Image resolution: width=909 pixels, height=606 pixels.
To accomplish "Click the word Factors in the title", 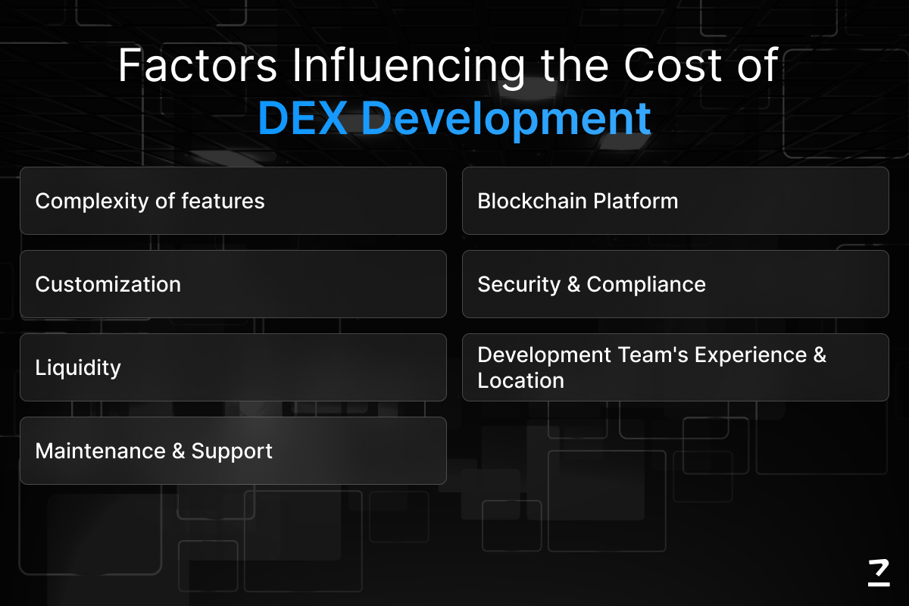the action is coord(198,65).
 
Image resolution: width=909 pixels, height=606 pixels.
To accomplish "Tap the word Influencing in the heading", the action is coord(408,67).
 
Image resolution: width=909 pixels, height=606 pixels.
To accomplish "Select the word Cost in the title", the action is coord(673,65).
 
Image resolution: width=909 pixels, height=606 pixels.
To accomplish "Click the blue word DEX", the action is coord(303,118).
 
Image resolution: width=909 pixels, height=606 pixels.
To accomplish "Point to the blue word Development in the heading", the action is coord(506,120).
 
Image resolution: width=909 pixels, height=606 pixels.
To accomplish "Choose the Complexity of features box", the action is coord(233,201).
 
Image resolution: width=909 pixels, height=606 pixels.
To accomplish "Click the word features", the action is coord(223,201).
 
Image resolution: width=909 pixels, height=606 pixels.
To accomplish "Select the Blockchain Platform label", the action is coord(578,201).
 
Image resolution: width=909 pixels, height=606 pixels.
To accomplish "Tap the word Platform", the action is coord(636,201).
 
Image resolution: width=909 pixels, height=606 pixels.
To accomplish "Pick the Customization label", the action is coord(108,284).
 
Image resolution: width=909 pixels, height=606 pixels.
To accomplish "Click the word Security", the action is coord(519,285).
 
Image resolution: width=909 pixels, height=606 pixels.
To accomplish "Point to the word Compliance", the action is coord(646,285).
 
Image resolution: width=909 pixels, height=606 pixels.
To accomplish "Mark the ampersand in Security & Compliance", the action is coord(574,284).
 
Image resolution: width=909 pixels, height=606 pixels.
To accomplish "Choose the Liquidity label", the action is coord(78,368).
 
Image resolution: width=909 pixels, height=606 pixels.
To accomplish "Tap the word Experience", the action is coord(751,355).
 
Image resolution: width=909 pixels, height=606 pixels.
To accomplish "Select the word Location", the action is coord(520,380).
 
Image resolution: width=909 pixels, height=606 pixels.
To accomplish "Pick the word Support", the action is coord(232,451).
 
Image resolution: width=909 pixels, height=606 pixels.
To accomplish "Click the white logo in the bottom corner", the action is coord(879,573).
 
